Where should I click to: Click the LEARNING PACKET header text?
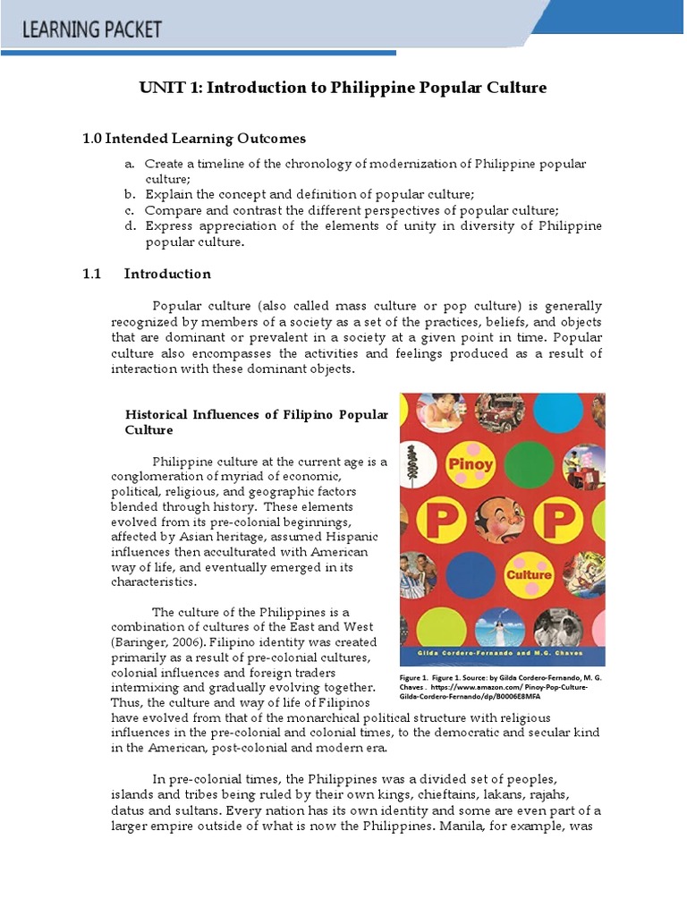coord(92,30)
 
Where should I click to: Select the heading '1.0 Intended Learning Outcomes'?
coord(194,139)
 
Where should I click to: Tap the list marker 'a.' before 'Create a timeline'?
coord(130,165)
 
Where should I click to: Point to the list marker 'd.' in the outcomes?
coord(130,226)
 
